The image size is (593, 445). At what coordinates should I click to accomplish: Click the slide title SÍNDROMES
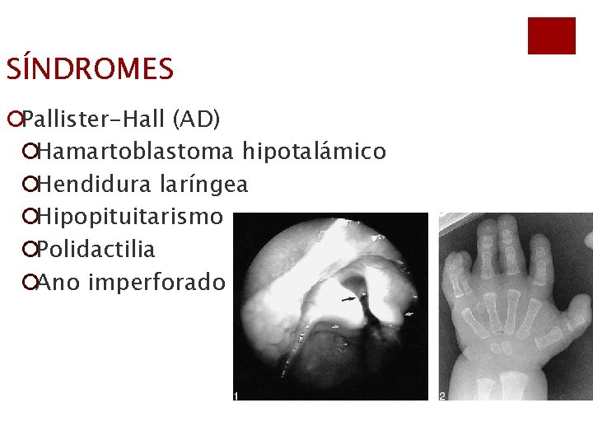(90, 69)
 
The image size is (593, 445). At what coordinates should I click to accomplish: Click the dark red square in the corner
(551, 36)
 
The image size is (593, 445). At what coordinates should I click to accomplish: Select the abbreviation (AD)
(196, 120)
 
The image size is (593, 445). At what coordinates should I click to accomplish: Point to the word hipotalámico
(314, 152)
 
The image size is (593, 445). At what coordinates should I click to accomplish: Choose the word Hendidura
(90, 185)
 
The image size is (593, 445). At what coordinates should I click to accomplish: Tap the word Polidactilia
(96, 250)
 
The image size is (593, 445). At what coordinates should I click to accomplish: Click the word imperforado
(156, 283)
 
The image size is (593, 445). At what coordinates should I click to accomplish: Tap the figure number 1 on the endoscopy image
(236, 396)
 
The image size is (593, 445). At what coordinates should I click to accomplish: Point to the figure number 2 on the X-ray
(442, 396)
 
